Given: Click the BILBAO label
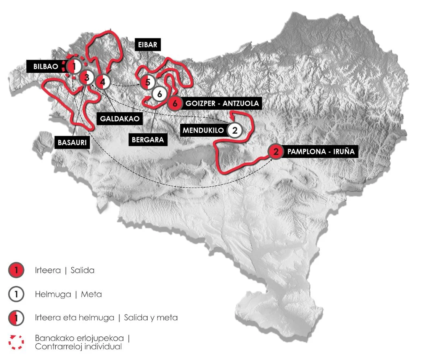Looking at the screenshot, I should pos(46,66).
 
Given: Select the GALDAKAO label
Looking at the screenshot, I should pos(119,118).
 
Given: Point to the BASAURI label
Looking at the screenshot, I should pos(72,143).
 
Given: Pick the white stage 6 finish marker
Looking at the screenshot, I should pos(159,93).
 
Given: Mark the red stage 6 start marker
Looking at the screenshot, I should pos(175,103).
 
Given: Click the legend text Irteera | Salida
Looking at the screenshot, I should pos(64,270).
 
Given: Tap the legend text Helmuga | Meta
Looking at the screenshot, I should pos(68,294).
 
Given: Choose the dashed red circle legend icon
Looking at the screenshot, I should pos(16,342).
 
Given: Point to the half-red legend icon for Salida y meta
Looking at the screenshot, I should pos(16,318).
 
